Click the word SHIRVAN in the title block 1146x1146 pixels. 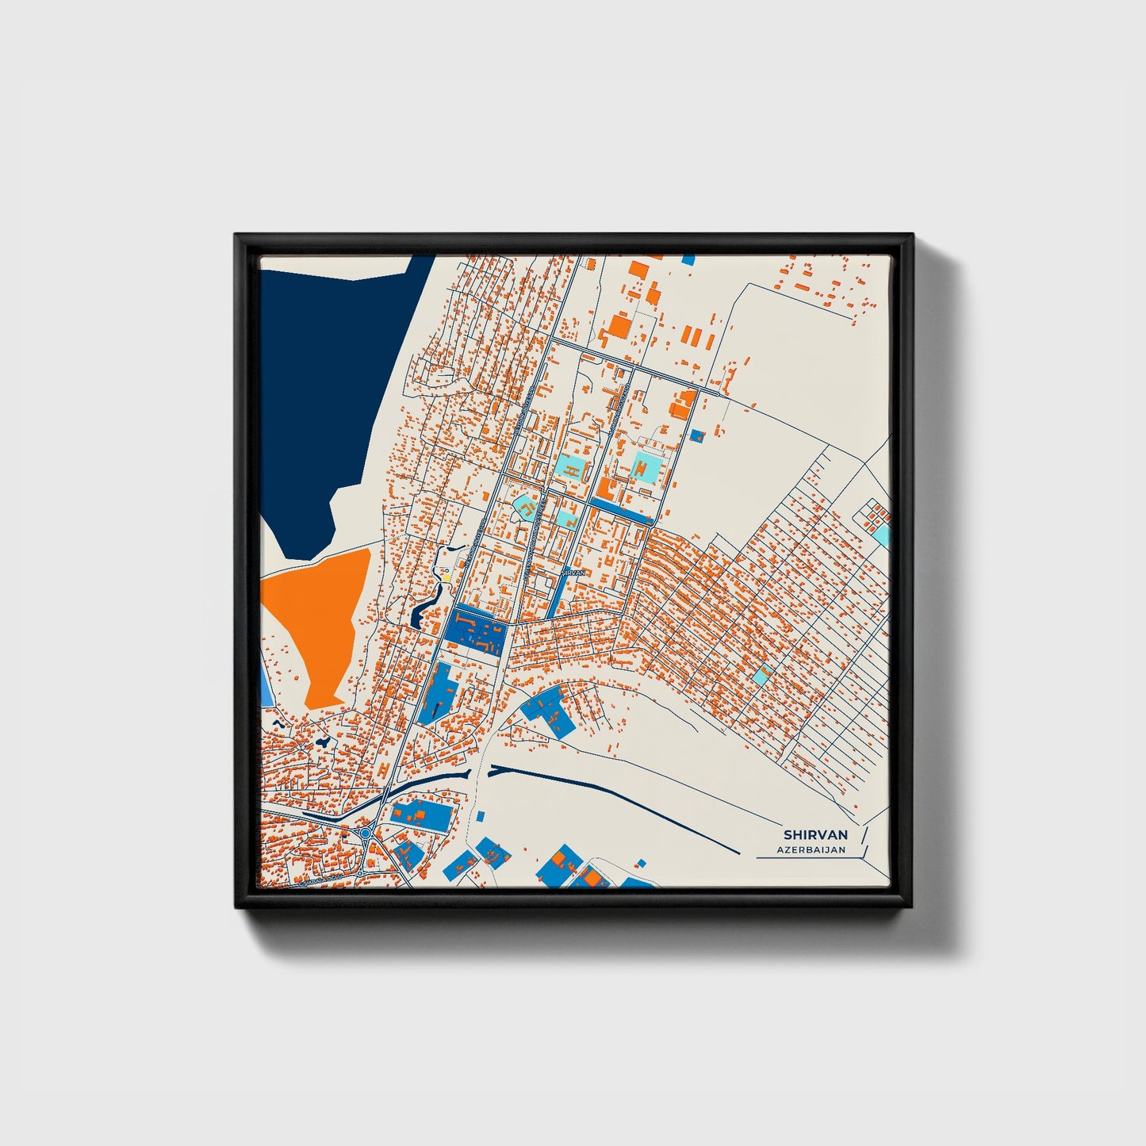[815, 835]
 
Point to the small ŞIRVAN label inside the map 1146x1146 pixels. [573, 571]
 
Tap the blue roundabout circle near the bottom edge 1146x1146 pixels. [366, 834]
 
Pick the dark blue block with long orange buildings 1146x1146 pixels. [476, 631]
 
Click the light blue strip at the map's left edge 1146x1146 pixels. [265, 683]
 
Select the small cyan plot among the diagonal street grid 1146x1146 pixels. [761, 676]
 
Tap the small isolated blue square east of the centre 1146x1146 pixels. [698, 435]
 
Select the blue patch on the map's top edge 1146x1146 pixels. [688, 259]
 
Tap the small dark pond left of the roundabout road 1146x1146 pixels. [323, 742]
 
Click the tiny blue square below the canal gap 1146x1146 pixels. [480, 815]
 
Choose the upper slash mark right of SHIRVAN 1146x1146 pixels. [864, 834]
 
